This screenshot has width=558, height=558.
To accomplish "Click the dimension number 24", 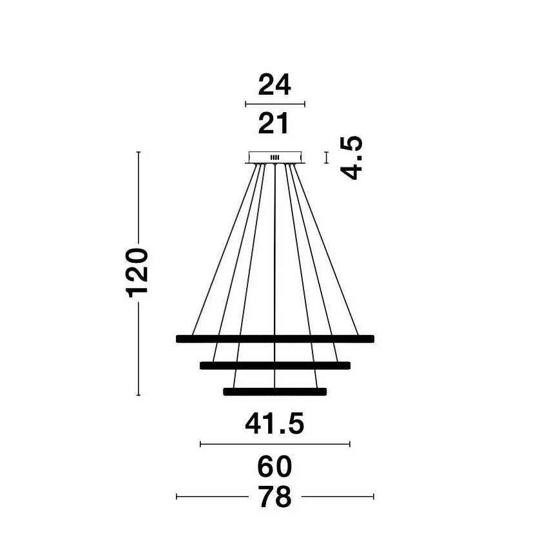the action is (274, 84).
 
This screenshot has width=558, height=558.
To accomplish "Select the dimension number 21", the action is (273, 124).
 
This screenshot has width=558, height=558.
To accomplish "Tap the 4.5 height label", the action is (352, 158).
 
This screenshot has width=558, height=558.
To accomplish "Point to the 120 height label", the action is (137, 273).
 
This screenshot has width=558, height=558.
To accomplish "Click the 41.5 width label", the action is (274, 423).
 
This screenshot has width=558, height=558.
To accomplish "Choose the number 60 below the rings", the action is (274, 467).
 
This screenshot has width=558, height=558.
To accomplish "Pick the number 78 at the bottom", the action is (275, 497).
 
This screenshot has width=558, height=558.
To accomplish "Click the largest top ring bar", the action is (275, 339).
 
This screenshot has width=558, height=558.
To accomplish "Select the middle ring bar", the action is (275, 365).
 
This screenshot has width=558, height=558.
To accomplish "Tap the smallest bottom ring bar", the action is (274, 392).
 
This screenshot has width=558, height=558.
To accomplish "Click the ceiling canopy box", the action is (275, 157).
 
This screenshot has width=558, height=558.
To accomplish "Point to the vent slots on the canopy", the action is (274, 157).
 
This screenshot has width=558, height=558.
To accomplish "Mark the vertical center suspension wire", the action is (274, 276).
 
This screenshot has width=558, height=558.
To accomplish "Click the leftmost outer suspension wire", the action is (224, 249).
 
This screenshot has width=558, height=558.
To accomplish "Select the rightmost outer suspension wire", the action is (326, 249).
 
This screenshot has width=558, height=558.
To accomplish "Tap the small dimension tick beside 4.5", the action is (326, 158).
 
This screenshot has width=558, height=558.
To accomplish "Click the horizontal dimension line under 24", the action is (275, 104).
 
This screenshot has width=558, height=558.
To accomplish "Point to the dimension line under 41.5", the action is (275, 444).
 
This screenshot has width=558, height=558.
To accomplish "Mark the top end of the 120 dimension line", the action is (139, 152).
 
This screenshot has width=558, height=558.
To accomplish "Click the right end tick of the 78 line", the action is (373, 496).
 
